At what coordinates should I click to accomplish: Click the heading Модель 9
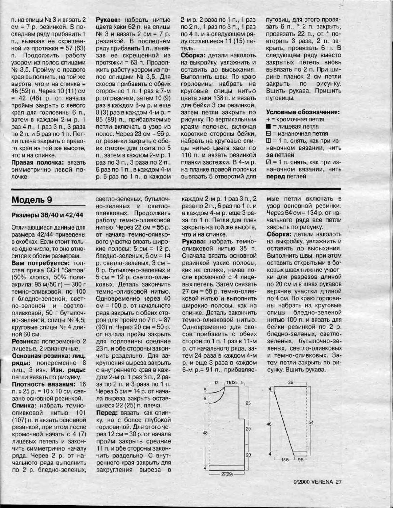click(x=32, y=200)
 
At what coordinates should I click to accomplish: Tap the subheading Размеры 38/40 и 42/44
click(x=47, y=215)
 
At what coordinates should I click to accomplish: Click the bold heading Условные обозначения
click(x=303, y=112)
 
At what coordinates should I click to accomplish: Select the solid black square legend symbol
click(x=269, y=126)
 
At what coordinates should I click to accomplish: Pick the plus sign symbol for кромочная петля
click(x=268, y=119)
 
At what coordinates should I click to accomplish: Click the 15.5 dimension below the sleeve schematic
click(x=286, y=460)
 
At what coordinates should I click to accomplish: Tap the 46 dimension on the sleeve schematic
click(x=269, y=424)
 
